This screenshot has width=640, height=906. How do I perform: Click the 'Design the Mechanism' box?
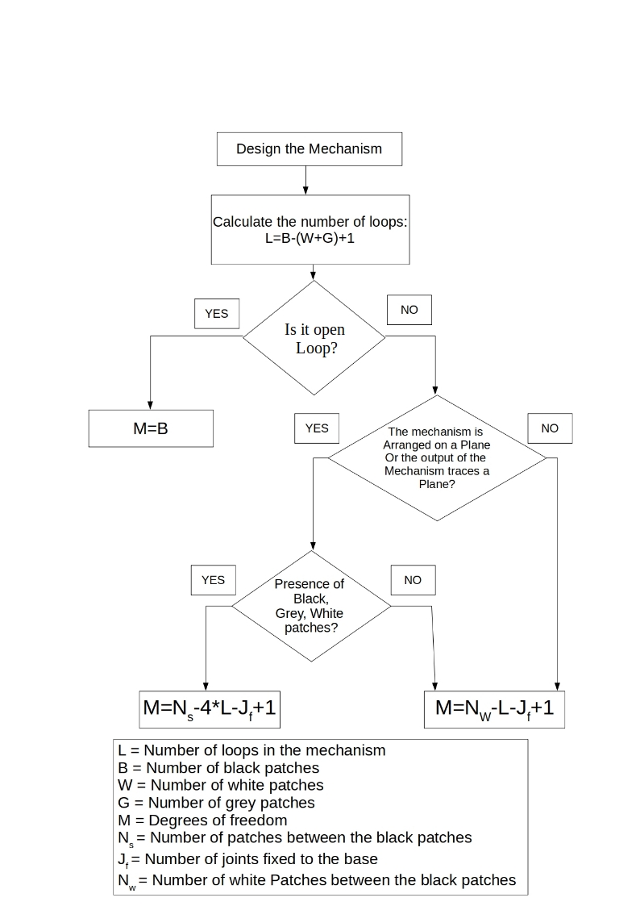(x=310, y=149)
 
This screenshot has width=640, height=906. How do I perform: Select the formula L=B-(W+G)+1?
(x=310, y=238)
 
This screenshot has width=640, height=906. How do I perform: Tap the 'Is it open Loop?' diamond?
(x=314, y=337)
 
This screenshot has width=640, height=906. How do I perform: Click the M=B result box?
(x=151, y=428)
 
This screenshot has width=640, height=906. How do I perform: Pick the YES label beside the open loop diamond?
(x=216, y=313)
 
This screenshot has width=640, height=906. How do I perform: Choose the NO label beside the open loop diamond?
(x=409, y=310)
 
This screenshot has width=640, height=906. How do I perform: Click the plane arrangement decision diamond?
(x=437, y=457)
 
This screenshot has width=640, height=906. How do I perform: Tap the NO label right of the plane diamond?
(x=550, y=428)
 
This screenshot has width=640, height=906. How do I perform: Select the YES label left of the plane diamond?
(x=317, y=428)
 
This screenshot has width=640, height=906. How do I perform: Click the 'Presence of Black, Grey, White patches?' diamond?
(x=312, y=606)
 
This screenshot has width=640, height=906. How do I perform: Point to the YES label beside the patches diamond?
(x=214, y=580)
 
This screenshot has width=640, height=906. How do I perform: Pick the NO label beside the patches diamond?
(x=413, y=580)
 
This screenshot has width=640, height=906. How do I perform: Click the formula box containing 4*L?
(x=210, y=709)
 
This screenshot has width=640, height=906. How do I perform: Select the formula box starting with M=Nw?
(x=495, y=709)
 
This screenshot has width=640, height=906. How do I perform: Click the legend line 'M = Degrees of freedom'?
(x=202, y=820)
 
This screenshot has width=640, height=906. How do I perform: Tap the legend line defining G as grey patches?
(x=216, y=803)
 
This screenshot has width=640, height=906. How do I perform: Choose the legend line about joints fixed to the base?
(x=248, y=860)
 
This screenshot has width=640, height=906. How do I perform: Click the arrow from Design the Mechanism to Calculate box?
(x=305, y=180)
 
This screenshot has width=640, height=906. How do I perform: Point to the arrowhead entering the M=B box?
(x=150, y=406)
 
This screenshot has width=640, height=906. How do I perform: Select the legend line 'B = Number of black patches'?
(x=218, y=768)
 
